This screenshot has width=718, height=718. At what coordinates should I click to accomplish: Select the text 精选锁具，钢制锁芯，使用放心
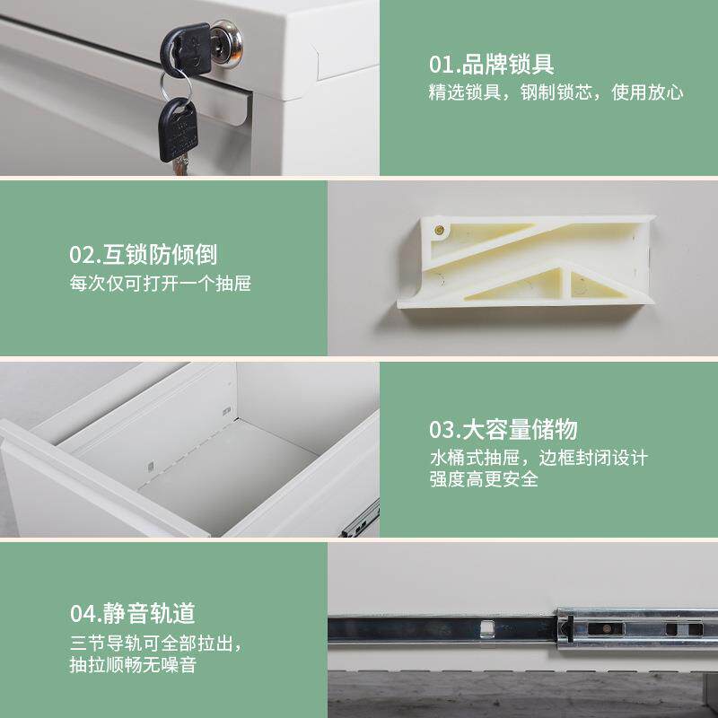coord(556,92)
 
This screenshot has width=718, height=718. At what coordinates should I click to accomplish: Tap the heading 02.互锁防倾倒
coord(144,255)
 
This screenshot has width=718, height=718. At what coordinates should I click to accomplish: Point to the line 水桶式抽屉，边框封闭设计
coord(538,457)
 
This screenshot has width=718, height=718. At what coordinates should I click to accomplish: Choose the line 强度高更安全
coord(483,479)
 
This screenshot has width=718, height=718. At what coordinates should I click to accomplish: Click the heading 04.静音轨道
coord(132,614)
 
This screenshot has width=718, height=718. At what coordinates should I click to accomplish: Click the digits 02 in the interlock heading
coord(82,255)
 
